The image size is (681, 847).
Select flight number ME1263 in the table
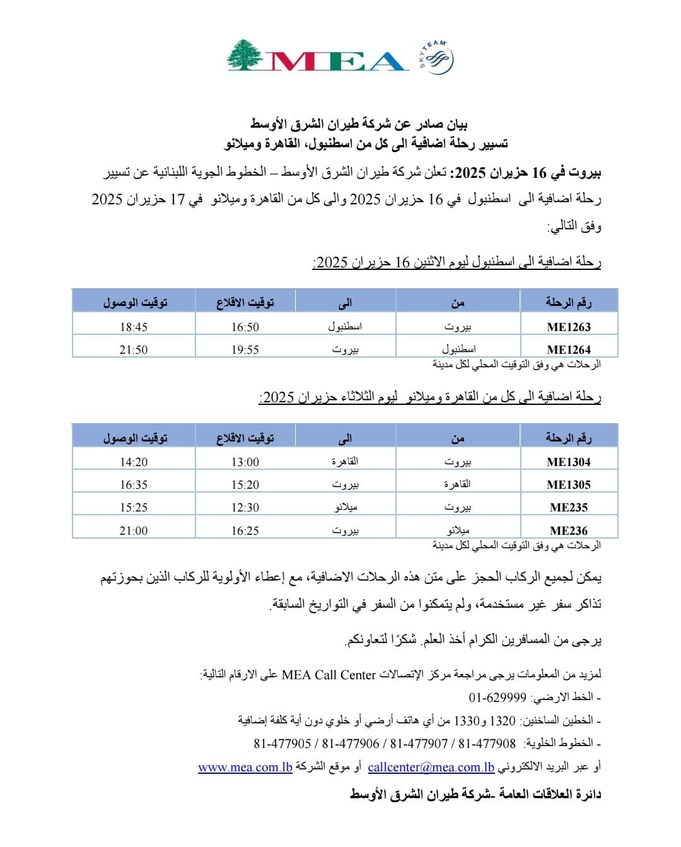(x=569, y=327)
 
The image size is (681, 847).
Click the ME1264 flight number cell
(x=569, y=349)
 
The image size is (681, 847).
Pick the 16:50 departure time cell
(x=245, y=327)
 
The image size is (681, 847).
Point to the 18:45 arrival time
(x=134, y=327)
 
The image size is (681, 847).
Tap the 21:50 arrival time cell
(x=134, y=349)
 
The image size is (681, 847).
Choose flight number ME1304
(x=569, y=462)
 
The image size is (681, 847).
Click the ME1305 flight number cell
(x=569, y=484)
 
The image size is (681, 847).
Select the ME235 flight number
(x=569, y=507)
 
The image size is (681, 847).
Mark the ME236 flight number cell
(x=569, y=530)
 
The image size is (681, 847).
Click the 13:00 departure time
(x=245, y=462)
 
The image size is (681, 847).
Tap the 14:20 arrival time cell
(x=134, y=462)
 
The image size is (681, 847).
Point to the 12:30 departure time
(x=245, y=507)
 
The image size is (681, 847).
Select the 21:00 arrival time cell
(x=134, y=530)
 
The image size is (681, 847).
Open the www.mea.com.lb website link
(x=245, y=767)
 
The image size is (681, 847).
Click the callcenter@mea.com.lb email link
(x=431, y=767)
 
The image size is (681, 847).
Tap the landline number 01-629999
(x=498, y=698)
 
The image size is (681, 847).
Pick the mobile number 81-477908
(x=487, y=744)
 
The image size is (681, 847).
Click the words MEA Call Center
(x=329, y=675)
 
